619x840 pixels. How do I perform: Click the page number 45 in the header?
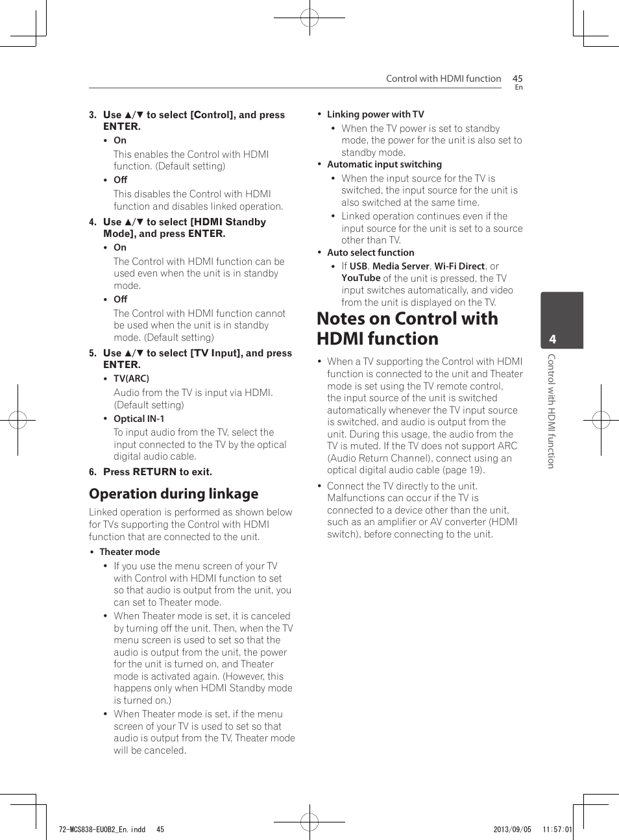click(x=517, y=79)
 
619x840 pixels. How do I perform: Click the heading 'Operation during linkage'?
click(x=173, y=494)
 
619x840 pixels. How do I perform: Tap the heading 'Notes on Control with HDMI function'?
click(x=407, y=328)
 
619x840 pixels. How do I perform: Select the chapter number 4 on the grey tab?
click(x=552, y=339)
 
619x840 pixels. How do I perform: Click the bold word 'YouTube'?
click(x=361, y=278)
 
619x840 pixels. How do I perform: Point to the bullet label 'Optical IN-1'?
click(x=139, y=419)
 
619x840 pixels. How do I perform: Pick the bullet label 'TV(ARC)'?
click(x=131, y=378)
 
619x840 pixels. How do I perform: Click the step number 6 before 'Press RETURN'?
click(x=92, y=472)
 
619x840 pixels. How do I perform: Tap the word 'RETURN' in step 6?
click(x=154, y=472)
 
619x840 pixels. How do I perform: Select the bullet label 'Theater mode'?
click(x=129, y=552)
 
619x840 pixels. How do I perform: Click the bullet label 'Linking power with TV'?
click(x=375, y=114)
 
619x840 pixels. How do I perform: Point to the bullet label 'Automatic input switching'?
click(x=384, y=164)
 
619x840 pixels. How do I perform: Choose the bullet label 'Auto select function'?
click(x=370, y=253)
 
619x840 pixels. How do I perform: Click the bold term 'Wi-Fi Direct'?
click(x=459, y=266)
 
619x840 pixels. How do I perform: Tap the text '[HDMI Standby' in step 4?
click(x=228, y=222)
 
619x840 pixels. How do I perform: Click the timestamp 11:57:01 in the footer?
click(x=557, y=830)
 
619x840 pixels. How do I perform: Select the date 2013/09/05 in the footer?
click(x=512, y=830)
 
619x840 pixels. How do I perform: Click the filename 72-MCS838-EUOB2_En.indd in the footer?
click(x=102, y=830)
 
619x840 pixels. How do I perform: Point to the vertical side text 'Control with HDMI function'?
click(x=551, y=411)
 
